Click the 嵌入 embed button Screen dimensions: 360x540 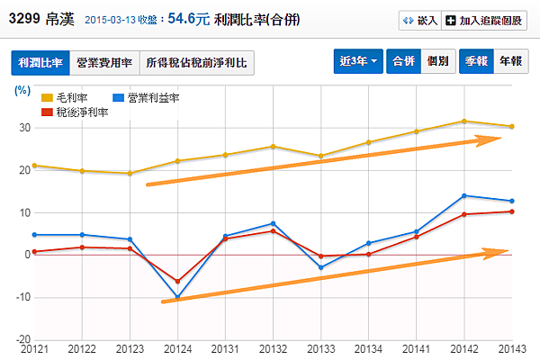419,19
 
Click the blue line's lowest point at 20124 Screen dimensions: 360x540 178,297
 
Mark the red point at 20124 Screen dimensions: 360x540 178,281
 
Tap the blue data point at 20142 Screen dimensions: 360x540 464,195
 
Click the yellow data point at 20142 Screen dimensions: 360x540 464,121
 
